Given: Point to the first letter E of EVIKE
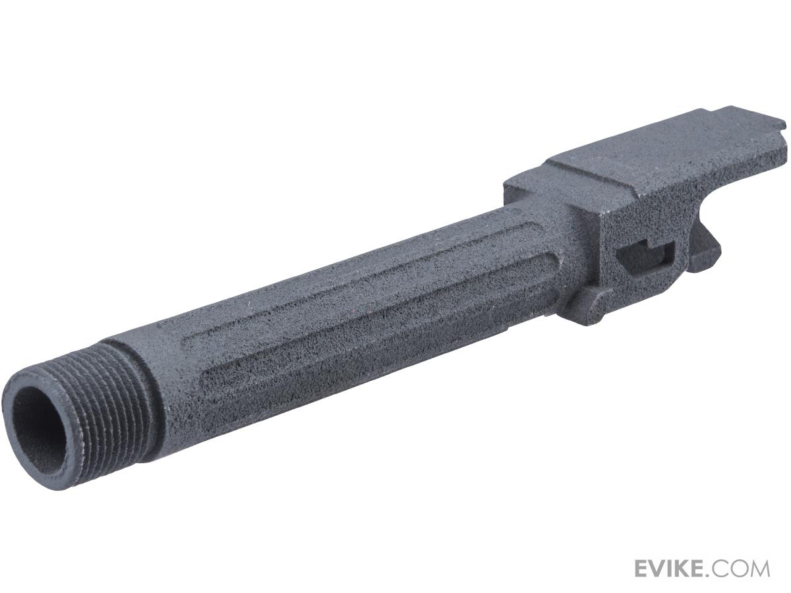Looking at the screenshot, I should pos(643,568).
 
